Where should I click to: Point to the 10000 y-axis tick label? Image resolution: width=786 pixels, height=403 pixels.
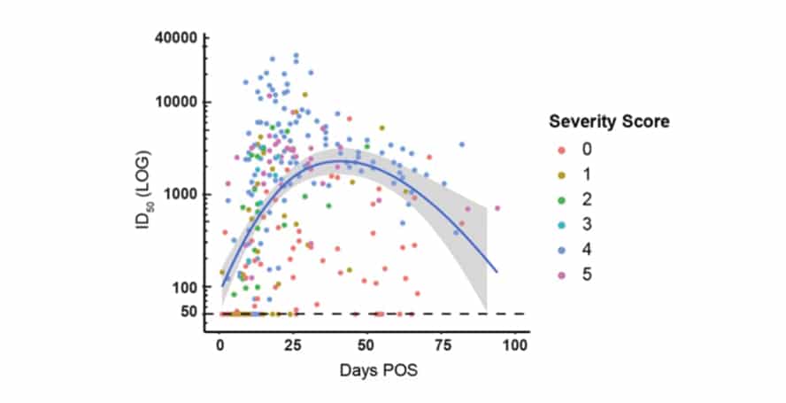177,102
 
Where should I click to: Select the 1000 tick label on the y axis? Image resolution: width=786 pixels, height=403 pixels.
180,195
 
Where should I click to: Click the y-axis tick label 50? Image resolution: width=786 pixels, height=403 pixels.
187,314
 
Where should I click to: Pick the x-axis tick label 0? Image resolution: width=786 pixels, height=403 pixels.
220,345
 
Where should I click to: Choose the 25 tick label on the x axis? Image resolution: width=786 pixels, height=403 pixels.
294,345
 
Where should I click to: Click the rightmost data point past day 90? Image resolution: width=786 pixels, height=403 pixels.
497,208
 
